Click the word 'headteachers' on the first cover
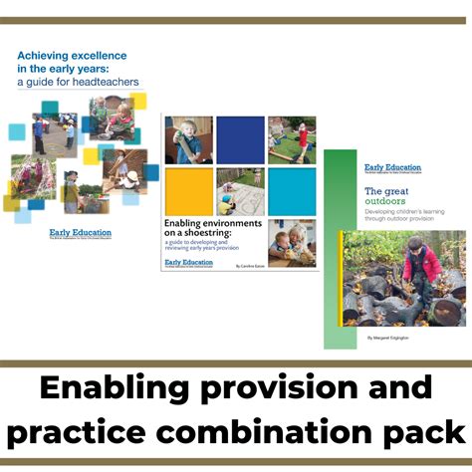tap(96, 83)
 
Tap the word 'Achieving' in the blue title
tap(51, 55)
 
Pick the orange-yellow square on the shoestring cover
tap(188, 191)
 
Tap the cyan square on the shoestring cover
tap(292, 191)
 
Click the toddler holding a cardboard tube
tap(188, 139)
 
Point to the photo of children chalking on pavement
tap(240, 191)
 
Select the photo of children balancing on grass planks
tap(292, 139)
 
